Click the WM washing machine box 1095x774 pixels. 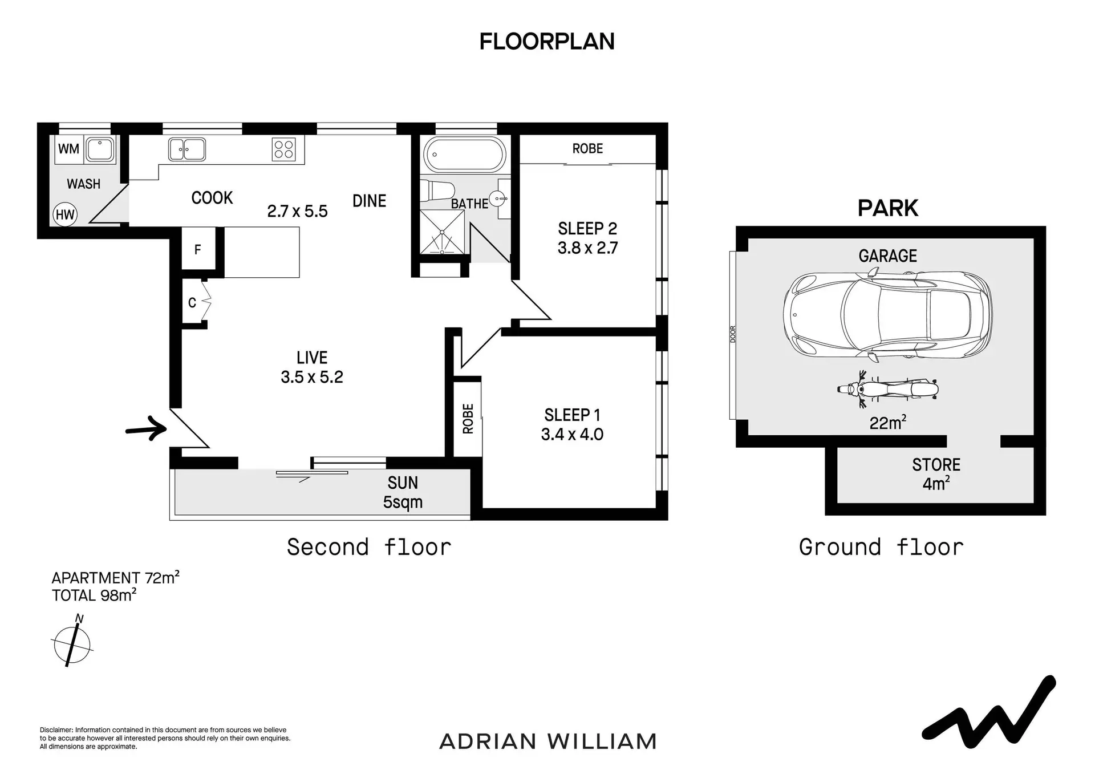point(68,149)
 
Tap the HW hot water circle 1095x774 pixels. point(65,214)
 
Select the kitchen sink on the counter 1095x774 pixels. point(187,149)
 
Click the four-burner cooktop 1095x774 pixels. point(283,149)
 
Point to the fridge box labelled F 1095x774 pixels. point(198,249)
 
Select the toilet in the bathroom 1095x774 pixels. point(437,190)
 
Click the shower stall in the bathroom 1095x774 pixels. point(442,232)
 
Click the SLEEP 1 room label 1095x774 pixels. point(572,415)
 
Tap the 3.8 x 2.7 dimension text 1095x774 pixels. point(587,248)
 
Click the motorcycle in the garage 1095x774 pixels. point(887,389)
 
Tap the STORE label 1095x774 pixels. point(936,465)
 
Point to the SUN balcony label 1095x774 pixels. point(403,483)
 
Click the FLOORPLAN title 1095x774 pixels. point(547,42)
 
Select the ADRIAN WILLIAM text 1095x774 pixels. point(548,741)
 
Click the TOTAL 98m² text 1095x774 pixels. point(94,595)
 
